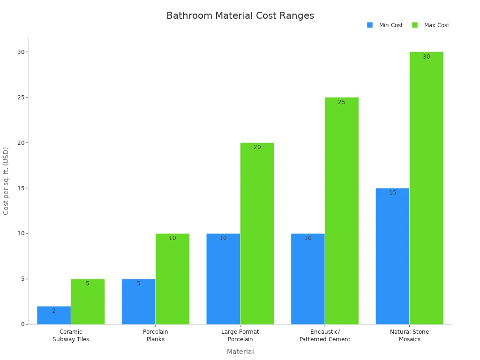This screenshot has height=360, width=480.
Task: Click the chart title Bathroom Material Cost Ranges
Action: [240, 15]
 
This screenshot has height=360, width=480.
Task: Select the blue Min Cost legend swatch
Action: [370, 25]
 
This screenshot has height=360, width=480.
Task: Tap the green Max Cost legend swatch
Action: [415, 25]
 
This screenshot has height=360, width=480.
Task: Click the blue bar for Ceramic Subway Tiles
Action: [54, 315]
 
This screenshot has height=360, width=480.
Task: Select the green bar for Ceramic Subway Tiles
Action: [88, 302]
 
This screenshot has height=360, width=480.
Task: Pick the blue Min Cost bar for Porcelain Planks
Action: [138, 302]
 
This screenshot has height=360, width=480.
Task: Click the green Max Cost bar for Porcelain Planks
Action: [172, 279]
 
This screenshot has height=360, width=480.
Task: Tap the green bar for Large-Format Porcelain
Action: [257, 233]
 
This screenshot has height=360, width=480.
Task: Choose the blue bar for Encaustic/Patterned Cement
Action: [307, 279]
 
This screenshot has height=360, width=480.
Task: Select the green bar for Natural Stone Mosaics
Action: [426, 188]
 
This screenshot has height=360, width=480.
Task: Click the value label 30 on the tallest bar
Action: [426, 57]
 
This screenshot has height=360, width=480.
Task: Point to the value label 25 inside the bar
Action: [341, 102]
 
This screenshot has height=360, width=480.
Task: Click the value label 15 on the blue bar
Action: [392, 193]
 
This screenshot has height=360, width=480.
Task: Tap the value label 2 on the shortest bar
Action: [53, 311]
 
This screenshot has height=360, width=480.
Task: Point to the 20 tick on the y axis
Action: [21, 142]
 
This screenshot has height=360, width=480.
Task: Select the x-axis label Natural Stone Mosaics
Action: [409, 336]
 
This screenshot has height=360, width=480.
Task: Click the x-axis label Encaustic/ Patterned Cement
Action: [325, 336]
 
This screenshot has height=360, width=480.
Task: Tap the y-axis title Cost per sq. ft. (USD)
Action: [6, 181]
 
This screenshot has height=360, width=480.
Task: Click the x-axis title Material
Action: [240, 352]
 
